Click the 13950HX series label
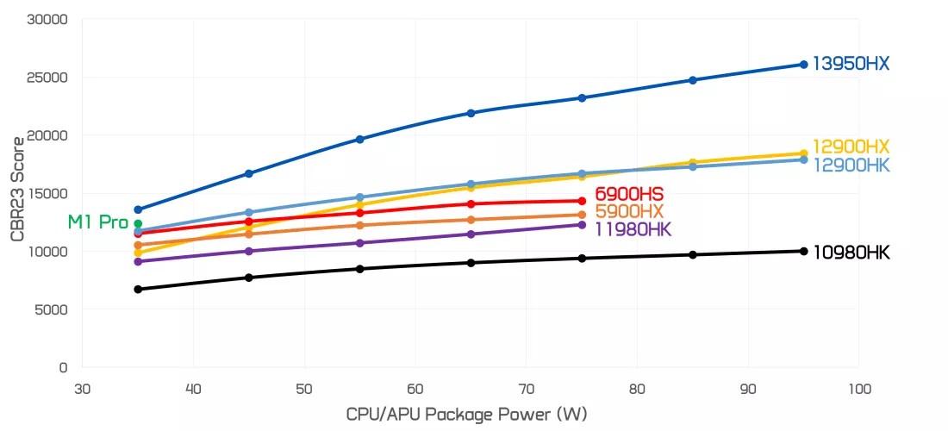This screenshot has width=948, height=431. click(851, 64)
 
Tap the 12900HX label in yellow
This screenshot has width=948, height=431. click(851, 147)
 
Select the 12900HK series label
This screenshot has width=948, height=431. click(851, 165)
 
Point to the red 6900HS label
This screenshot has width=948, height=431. click(629, 194)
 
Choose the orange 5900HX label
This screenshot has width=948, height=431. click(629, 211)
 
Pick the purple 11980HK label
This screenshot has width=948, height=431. click(633, 229)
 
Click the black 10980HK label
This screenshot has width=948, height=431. click(851, 253)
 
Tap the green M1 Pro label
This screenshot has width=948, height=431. click(97, 222)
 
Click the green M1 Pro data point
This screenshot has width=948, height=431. click(138, 224)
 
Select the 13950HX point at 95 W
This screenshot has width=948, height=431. click(803, 65)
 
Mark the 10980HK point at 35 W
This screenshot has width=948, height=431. click(138, 289)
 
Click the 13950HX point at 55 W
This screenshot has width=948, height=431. click(359, 139)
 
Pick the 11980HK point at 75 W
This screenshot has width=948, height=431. click(582, 224)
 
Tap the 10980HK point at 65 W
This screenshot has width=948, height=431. click(471, 262)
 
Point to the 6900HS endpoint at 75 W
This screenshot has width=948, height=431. click(582, 201)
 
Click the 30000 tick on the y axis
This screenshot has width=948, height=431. click(48, 19)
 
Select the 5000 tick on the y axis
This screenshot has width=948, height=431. click(52, 309)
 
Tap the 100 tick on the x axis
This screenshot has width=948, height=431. click(858, 388)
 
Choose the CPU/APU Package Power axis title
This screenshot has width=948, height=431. click(466, 414)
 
